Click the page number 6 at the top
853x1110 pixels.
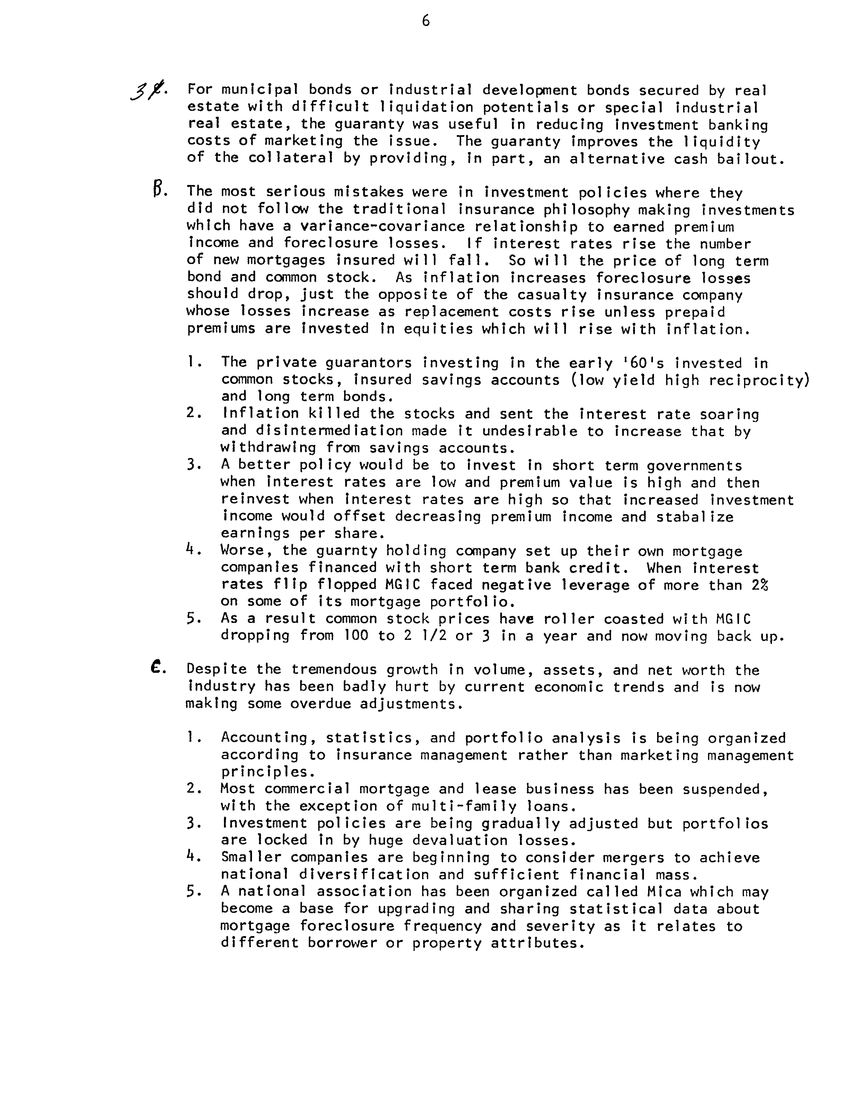pos(426,21)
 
